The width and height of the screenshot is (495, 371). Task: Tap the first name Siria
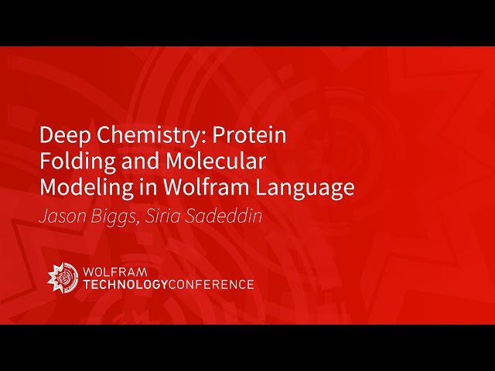tap(167, 216)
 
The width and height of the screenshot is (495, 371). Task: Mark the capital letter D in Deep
tap(46, 136)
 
